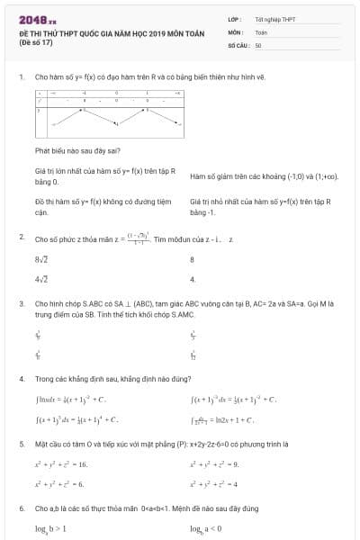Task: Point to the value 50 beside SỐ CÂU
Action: (x=258, y=44)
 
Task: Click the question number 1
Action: (x=21, y=77)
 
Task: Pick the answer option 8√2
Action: (x=41, y=259)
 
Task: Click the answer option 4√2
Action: (x=41, y=280)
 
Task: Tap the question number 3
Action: (x=21, y=304)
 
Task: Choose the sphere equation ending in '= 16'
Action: (x=62, y=464)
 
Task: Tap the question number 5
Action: (x=21, y=444)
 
